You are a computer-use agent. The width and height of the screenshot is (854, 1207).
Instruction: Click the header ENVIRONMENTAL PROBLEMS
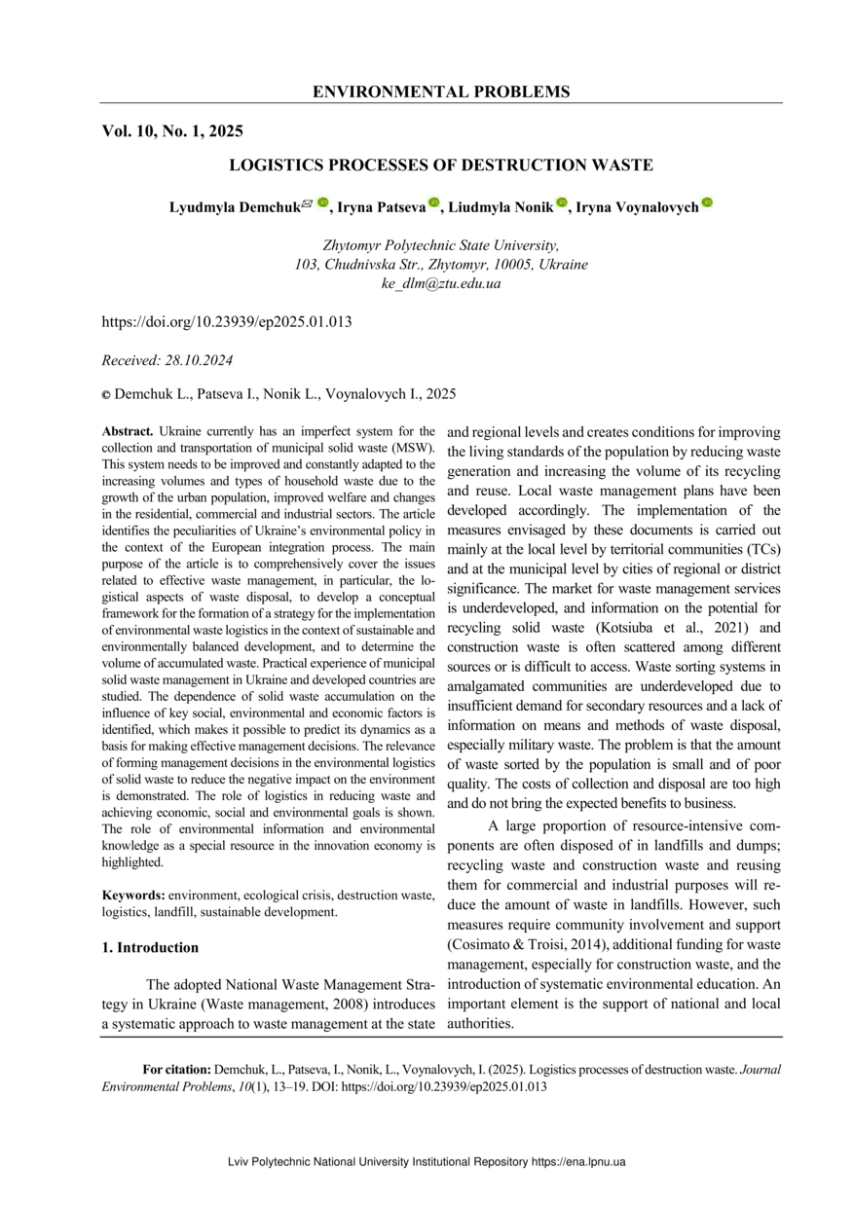(441, 92)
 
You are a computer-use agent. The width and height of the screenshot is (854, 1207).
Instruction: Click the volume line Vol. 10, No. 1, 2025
(172, 131)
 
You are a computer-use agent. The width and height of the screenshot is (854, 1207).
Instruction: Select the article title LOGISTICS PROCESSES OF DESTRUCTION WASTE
(440, 165)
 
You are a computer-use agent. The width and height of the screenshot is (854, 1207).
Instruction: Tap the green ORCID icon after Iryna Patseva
(434, 203)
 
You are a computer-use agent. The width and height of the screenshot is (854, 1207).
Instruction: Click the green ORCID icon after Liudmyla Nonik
(562, 203)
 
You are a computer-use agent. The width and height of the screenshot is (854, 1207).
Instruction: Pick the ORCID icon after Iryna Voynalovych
(707, 203)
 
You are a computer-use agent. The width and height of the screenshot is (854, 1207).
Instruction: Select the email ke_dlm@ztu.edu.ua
(440, 283)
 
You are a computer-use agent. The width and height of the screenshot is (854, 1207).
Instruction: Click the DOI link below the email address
(227, 322)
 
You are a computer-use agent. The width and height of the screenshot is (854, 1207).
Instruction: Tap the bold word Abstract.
(128, 430)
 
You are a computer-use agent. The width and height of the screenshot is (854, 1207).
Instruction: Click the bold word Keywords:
(134, 894)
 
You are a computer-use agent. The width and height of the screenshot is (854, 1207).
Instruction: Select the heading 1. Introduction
(151, 947)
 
